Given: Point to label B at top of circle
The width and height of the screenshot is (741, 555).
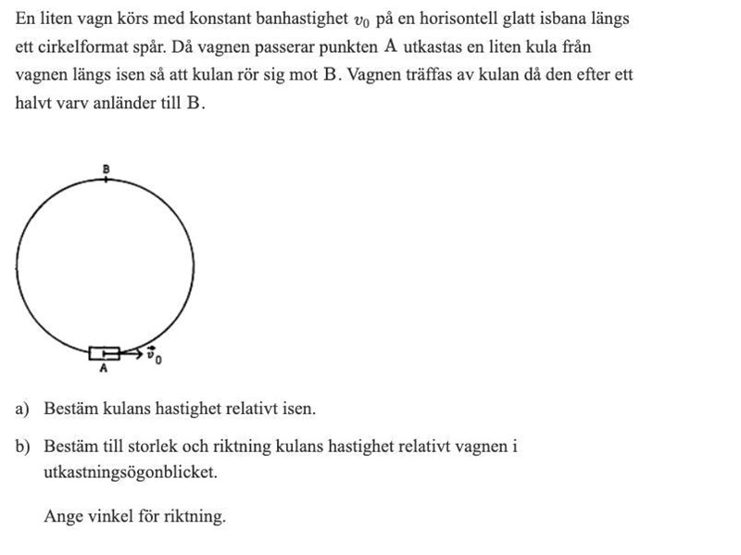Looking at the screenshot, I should click(106, 169).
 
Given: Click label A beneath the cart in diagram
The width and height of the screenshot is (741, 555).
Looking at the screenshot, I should click(104, 368).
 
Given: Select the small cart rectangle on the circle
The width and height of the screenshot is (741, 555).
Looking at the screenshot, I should click(105, 352).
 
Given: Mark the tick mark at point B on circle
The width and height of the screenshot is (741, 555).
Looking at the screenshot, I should click(106, 178).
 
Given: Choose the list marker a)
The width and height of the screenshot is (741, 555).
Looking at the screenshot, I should click(22, 409).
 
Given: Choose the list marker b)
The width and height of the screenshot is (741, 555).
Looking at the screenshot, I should click(22, 447).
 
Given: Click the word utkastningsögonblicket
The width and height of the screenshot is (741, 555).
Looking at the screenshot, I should click(131, 472).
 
